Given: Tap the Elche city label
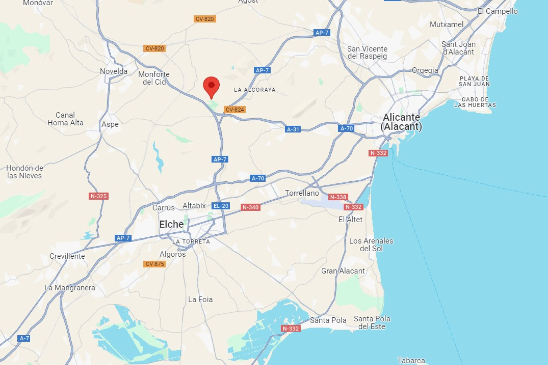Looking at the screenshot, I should [171, 224].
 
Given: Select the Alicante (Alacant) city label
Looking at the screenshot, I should [401, 122].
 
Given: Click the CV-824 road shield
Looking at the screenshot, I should [235, 109].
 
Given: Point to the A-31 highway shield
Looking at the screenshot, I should [293, 129].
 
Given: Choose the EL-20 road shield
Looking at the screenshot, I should [221, 206].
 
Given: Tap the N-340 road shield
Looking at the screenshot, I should [250, 207].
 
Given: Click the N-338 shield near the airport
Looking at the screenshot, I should [338, 197].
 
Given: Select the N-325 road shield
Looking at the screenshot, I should [98, 196].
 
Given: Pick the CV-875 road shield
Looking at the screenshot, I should [155, 264].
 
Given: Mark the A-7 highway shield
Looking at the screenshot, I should [24, 338].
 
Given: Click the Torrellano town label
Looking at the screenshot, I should [302, 193].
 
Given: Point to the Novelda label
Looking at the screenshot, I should [114, 71].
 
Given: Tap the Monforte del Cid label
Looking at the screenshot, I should [154, 78].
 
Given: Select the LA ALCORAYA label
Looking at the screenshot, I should [255, 90].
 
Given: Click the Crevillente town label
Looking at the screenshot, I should [67, 256].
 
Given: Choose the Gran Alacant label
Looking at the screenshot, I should [343, 271].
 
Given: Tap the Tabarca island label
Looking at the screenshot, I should [411, 361].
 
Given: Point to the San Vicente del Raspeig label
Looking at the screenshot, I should [367, 52].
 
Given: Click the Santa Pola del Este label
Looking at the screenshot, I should [372, 323].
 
